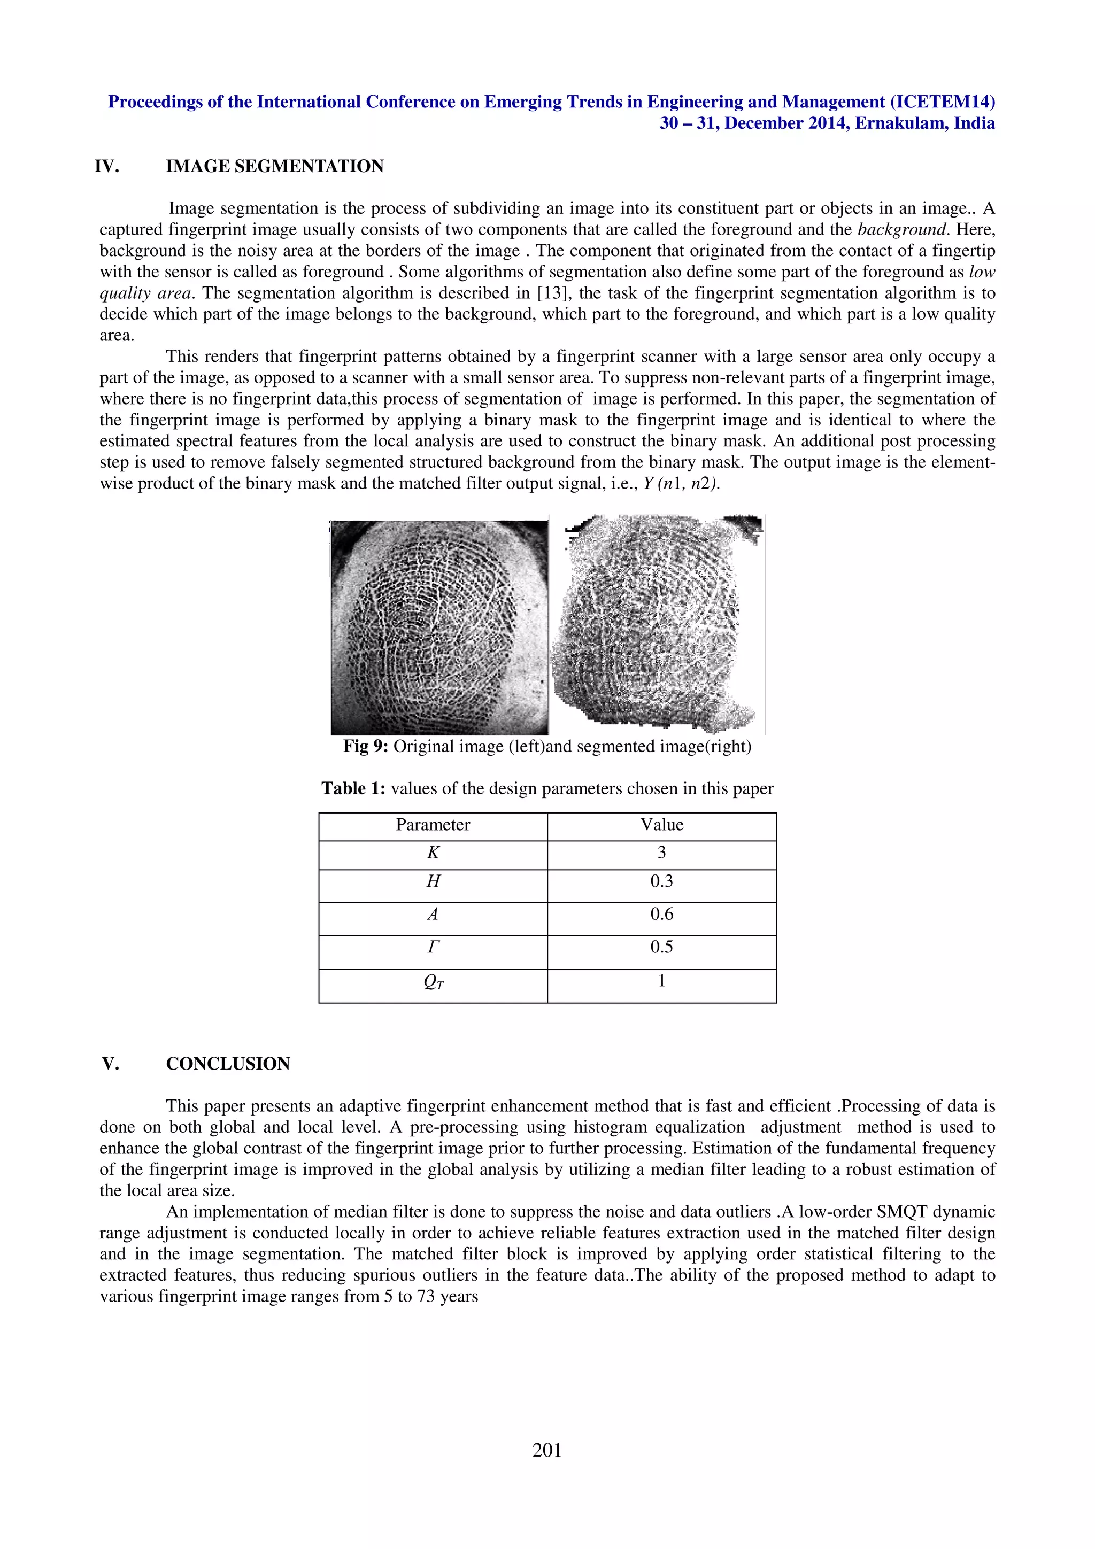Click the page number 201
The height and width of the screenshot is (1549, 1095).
(x=546, y=1450)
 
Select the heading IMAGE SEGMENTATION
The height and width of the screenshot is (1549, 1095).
(x=275, y=167)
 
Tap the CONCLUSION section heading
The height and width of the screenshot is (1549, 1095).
(x=228, y=1064)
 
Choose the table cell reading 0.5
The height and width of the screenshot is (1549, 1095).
(x=661, y=947)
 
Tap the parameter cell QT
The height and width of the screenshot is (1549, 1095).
(x=433, y=982)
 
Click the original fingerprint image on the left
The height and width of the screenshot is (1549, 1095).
(x=439, y=628)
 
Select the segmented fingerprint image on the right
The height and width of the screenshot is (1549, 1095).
(x=657, y=624)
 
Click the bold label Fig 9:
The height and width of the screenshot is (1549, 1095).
(x=366, y=747)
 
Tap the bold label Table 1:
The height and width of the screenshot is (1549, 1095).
(x=353, y=789)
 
